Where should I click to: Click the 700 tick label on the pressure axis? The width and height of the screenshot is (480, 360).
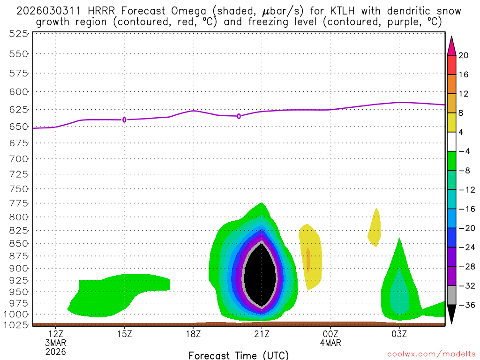pyautogui.click(x=19, y=158)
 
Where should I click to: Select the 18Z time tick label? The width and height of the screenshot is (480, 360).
pyautogui.click(x=193, y=334)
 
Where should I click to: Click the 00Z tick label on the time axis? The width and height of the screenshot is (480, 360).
pyautogui.click(x=330, y=334)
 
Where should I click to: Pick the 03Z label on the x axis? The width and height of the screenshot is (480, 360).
pyautogui.click(x=399, y=334)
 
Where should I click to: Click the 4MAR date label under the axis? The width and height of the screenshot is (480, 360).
pyautogui.click(x=330, y=343)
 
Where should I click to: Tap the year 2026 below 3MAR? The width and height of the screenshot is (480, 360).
pyautogui.click(x=56, y=351)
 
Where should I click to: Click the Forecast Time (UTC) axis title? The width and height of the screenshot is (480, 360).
pyautogui.click(x=239, y=355)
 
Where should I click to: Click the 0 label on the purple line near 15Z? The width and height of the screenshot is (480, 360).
pyautogui.click(x=124, y=120)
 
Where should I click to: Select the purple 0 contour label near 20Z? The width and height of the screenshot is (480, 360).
pyautogui.click(x=239, y=116)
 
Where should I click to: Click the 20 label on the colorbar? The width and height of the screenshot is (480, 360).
pyautogui.click(x=464, y=55)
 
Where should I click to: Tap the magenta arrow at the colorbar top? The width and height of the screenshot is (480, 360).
pyautogui.click(x=451, y=45)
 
